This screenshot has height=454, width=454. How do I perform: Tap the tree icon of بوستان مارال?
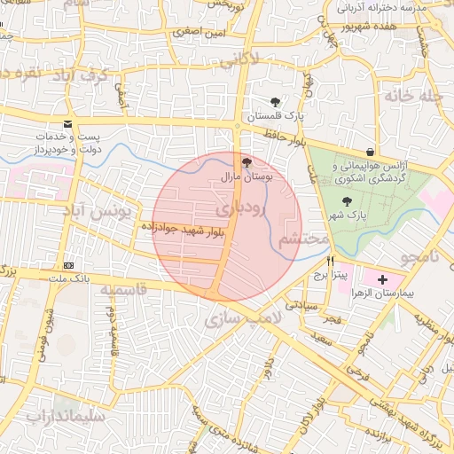point(247,162)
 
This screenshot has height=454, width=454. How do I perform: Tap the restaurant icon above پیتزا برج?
point(331,261)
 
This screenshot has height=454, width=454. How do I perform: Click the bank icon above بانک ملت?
point(68,266)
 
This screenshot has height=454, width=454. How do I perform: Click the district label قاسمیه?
point(122,290)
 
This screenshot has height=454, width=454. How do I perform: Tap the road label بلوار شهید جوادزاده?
point(182,229)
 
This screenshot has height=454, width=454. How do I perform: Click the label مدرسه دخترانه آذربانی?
point(394,7)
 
